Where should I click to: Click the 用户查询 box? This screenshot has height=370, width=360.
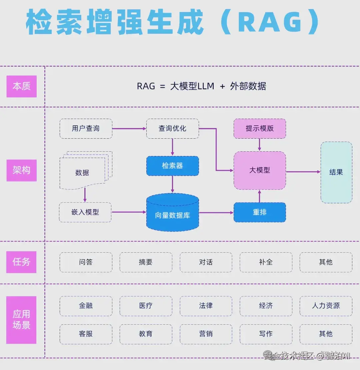tap(86, 129)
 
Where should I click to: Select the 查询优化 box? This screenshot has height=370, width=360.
tap(172, 129)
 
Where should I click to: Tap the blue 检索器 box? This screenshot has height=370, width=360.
tap(172, 166)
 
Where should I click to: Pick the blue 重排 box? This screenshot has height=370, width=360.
tap(260, 212)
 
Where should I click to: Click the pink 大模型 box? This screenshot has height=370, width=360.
tap(260, 170)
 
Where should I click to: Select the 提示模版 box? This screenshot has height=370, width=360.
tap(260, 129)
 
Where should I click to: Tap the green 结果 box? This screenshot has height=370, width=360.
tap(336, 172)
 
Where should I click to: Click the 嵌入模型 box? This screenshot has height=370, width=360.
tap(85, 212)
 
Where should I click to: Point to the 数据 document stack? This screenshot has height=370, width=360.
tap(83, 172)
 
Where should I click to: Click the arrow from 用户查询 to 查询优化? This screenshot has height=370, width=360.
tap(129, 129)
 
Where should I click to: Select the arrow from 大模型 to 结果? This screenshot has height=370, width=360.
tap(303, 172)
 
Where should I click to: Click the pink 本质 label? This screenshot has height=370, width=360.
tap(22, 86)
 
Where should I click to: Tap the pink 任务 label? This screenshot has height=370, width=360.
tap(22, 262)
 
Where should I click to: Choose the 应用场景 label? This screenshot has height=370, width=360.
tap(22, 320)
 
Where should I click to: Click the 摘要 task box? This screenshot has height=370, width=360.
tap(146, 262)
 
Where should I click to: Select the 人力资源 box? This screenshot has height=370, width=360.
tap(326, 306)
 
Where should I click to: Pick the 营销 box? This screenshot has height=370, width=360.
tap(206, 334)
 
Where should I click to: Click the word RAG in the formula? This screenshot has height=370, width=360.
tap(146, 86)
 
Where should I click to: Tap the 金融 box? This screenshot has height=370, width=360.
tap(86, 306)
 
